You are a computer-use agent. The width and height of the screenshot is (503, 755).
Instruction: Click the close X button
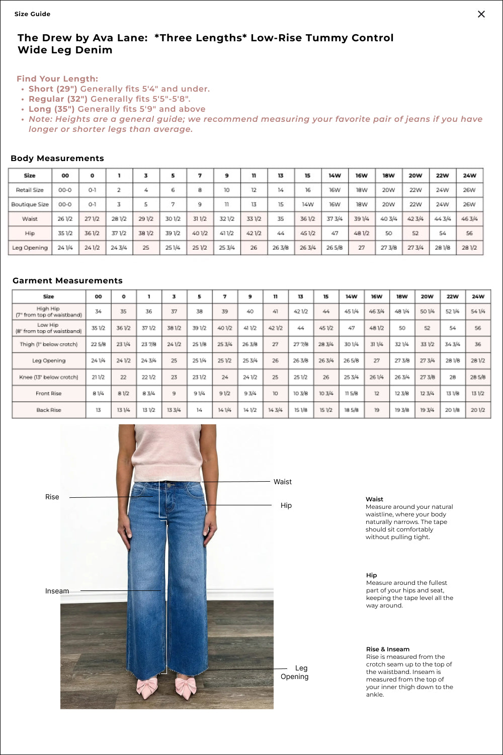point(481,14)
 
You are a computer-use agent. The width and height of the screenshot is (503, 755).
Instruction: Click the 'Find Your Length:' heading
point(57,79)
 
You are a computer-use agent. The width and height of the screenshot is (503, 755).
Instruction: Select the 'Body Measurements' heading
point(57,158)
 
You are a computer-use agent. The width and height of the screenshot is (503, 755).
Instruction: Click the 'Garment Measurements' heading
point(67,280)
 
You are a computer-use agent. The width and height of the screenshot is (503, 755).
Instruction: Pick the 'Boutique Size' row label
point(30,204)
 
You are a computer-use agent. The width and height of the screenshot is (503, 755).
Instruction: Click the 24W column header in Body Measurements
point(469,176)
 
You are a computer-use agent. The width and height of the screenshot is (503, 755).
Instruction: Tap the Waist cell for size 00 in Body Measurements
point(65,219)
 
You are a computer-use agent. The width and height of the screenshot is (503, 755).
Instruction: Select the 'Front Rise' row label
point(49,394)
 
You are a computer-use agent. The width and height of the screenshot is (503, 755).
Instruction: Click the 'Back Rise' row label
point(49,410)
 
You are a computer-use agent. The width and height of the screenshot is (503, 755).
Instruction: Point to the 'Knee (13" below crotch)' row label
point(49,377)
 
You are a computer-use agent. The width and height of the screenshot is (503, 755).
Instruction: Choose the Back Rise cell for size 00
point(98,410)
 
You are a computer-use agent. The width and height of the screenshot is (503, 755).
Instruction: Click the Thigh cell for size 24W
point(477,344)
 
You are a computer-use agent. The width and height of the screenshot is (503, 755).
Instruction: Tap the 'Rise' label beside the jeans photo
point(52,497)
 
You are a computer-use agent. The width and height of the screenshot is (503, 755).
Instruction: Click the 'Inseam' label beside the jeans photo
point(57,591)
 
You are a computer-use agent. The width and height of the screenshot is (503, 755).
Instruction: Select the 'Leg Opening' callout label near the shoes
point(295,672)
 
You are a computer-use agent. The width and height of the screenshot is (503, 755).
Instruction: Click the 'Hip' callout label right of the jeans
point(286,505)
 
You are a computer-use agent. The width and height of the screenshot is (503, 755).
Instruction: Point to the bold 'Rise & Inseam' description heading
point(388,649)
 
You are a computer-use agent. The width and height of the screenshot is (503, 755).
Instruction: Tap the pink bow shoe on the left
point(147,688)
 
